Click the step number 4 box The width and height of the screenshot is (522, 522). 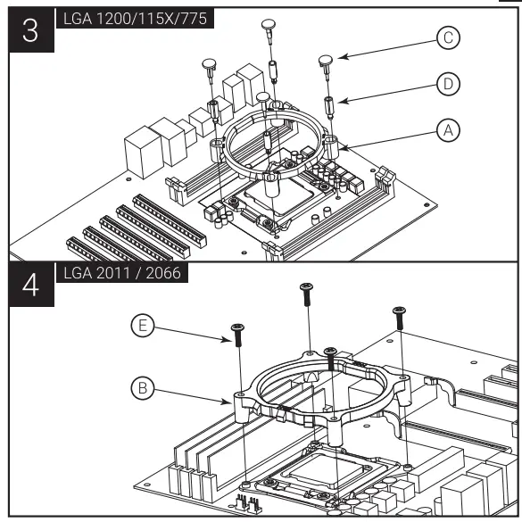pos(30,288)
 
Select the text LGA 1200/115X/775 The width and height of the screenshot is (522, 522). pos(134,19)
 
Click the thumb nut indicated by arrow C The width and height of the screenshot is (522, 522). pos(327,61)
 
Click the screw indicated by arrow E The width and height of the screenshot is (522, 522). pos(238,334)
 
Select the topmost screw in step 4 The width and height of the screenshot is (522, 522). pos(306,290)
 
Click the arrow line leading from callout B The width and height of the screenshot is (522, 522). pos(192,396)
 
